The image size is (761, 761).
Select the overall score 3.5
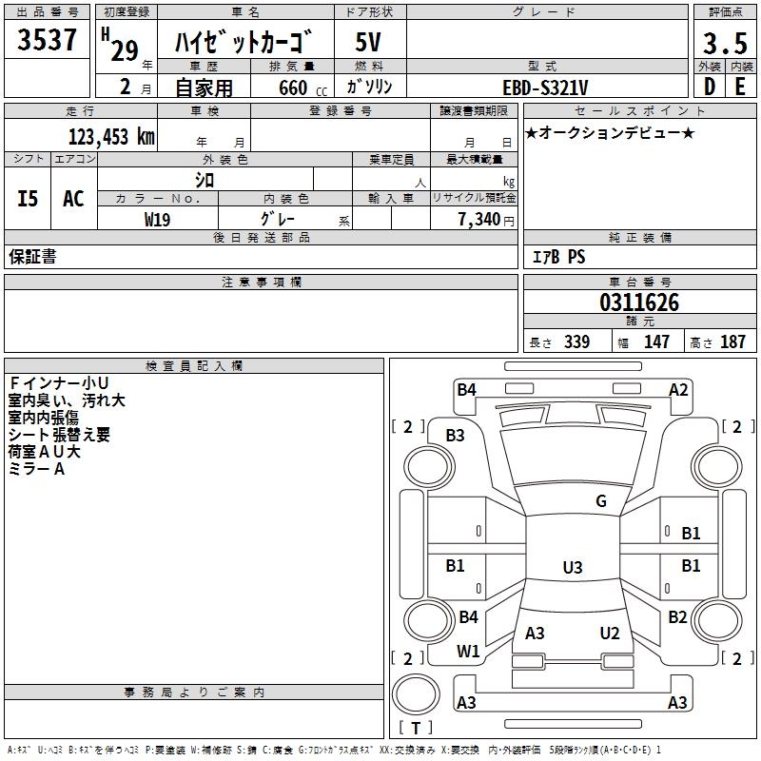click(x=725, y=44)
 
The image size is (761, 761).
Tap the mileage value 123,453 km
click(x=111, y=137)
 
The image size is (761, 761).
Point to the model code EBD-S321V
click(x=545, y=87)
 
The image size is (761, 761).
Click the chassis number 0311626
click(x=639, y=303)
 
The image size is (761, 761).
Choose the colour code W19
click(x=158, y=219)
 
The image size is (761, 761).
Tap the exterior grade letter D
click(x=710, y=87)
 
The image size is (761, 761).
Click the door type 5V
click(x=369, y=44)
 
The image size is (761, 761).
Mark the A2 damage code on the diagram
click(x=678, y=389)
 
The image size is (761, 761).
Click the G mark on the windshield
click(x=601, y=501)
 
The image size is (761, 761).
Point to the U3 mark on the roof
click(x=572, y=568)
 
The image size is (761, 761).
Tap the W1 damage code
click(x=468, y=652)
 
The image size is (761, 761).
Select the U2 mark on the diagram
click(x=610, y=634)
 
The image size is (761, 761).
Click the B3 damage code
click(x=456, y=436)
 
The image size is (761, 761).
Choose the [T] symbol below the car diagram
click(x=415, y=728)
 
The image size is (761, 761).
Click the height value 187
click(x=732, y=342)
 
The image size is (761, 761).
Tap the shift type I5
click(x=29, y=199)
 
